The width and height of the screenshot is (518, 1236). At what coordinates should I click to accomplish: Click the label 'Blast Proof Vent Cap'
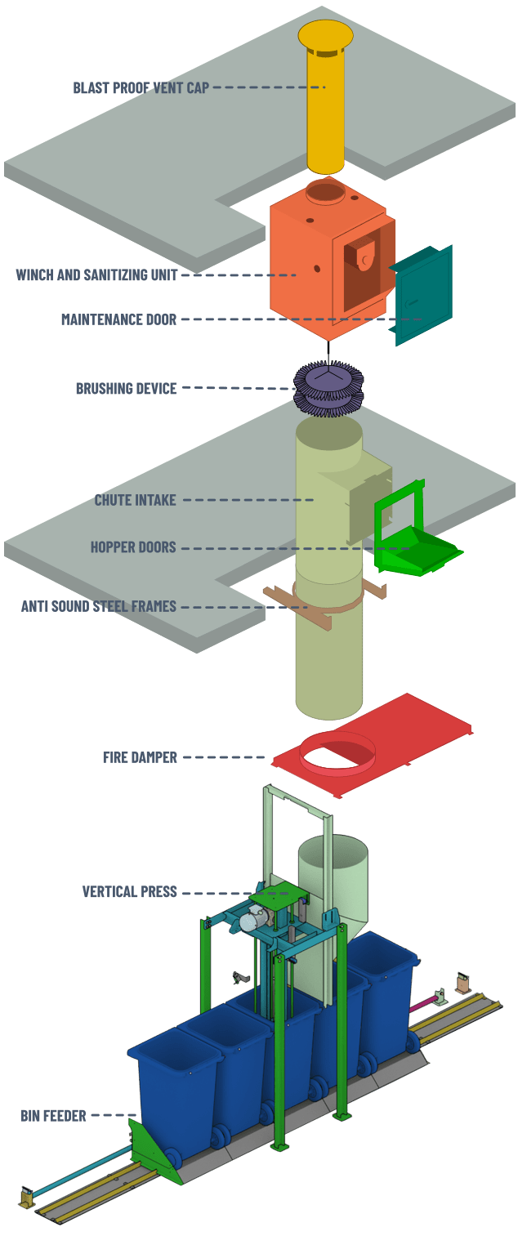pos(141,87)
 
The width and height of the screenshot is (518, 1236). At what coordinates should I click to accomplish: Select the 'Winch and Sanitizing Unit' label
pos(96,275)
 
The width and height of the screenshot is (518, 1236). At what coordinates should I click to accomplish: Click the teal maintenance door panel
pos(422,294)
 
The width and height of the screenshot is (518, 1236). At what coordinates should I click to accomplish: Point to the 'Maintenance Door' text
pos(118,319)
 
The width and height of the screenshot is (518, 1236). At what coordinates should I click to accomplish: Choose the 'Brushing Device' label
pos(126,388)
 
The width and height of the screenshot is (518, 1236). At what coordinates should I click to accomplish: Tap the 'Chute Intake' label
pos(135,500)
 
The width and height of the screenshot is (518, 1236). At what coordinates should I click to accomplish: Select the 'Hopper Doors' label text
pos(133,547)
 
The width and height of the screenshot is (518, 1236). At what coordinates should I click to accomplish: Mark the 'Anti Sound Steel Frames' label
pos(98,606)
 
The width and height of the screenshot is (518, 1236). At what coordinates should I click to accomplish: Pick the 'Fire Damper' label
pos(140,757)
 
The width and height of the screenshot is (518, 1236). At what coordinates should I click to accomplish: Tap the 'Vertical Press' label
pos(129,891)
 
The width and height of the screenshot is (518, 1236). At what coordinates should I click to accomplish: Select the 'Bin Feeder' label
pos(53,1115)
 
